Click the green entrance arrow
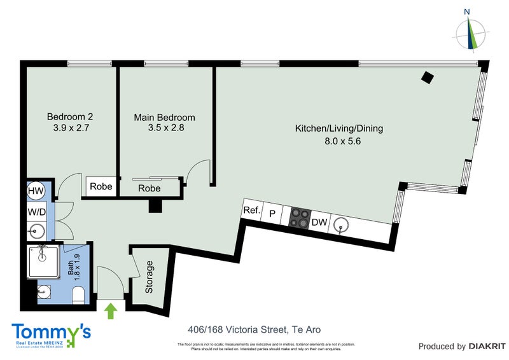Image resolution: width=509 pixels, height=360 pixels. click(111, 311)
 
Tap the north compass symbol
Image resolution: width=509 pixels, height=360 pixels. click(470, 32)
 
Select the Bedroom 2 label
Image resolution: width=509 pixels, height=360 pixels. click(71, 117)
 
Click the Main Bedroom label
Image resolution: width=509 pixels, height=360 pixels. click(164, 118)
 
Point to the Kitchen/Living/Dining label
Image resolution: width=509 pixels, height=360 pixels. click(339, 128)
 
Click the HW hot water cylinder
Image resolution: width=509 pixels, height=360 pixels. click(36, 190)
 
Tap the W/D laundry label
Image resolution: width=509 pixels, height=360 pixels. click(36, 210)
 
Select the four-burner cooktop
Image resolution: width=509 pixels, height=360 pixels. click(298, 218)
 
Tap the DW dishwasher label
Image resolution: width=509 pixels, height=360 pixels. click(319, 223)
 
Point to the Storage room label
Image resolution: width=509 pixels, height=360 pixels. click(150, 277)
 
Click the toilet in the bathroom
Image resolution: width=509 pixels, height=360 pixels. click(78, 294)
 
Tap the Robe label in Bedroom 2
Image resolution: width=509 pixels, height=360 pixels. click(101, 187)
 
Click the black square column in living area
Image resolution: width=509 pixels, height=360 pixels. click(429, 78)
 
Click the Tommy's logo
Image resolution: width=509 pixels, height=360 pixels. click(51, 335)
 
